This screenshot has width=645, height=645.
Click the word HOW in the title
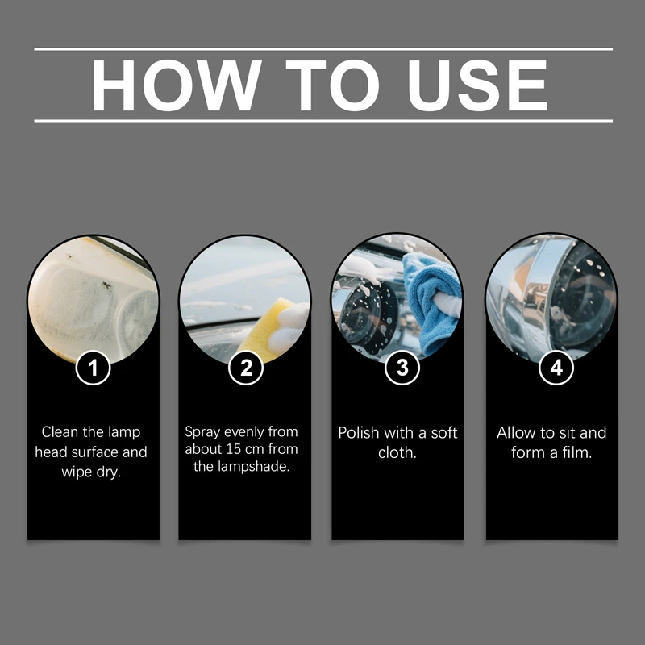tap(177, 85)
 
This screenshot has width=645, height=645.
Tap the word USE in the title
tap(477, 85)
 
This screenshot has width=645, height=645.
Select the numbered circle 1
tap(93, 368)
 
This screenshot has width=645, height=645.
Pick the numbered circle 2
tap(246, 368)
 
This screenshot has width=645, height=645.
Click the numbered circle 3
tap(402, 368)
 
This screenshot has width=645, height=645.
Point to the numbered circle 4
tap(556, 368)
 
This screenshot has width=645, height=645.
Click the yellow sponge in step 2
tap(266, 329)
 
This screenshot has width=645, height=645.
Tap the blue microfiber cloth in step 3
tap(430, 302)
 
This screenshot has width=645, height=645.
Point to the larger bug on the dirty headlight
tap(106, 285)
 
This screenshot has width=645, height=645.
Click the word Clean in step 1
tap(60, 432)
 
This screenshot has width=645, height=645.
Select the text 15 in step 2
tap(233, 449)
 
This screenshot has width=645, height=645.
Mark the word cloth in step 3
tap(396, 452)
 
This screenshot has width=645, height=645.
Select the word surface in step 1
tap(94, 451)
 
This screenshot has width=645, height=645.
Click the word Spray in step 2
tap(202, 433)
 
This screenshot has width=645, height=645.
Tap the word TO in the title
tap(332, 85)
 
